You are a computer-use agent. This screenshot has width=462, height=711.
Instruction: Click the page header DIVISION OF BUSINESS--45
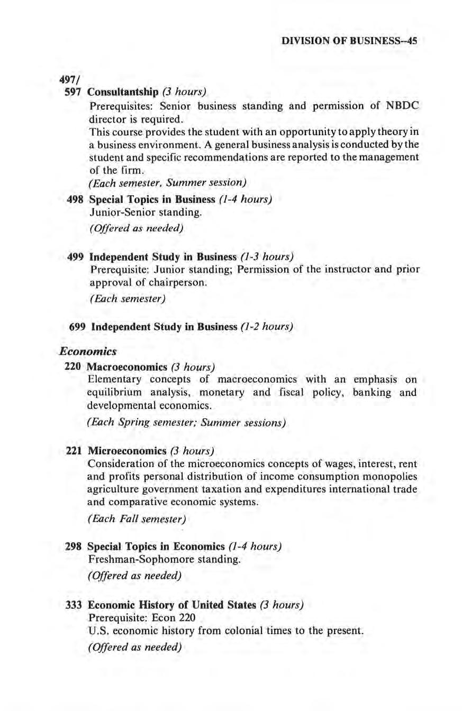351,40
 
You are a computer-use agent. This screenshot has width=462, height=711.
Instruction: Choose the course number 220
72,366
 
